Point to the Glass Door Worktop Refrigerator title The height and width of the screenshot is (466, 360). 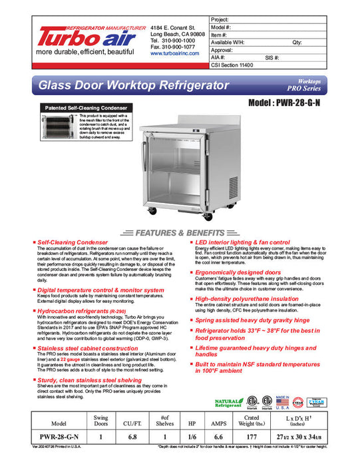(143, 87)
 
